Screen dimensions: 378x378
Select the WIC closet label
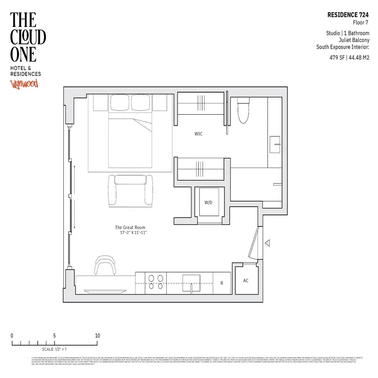198,134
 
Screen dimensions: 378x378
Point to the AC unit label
246,281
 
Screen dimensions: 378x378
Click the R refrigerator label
221,283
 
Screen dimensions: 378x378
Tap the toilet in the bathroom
243,110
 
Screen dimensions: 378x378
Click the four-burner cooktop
156,282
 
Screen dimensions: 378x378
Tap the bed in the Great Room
131,137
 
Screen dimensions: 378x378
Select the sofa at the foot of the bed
130,190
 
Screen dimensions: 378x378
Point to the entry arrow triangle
267,243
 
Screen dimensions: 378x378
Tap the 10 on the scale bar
97,336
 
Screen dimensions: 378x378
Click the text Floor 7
361,22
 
